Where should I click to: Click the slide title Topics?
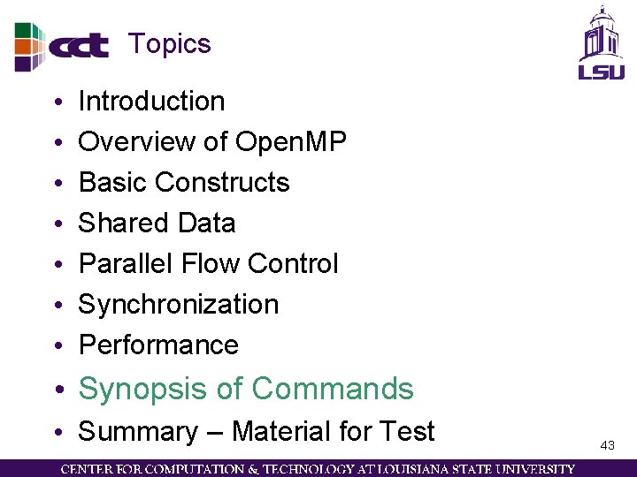coord(169,43)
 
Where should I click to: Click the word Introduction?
coord(151,102)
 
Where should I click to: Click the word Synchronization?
coord(179,304)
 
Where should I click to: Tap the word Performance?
coord(158,344)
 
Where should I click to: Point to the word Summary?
coord(138,432)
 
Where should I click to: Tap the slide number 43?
coord(607,446)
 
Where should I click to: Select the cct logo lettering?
coord(79,46)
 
